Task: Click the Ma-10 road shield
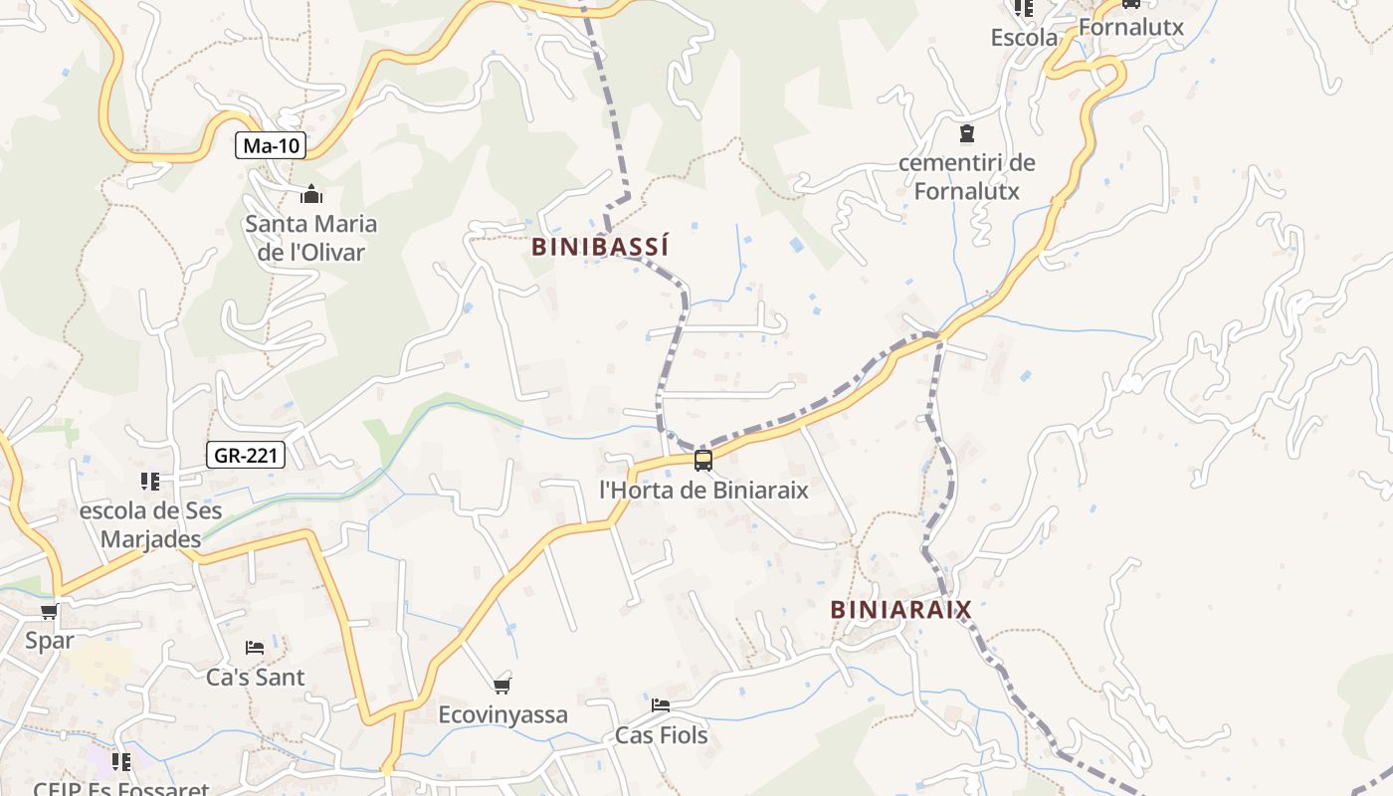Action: (272, 146)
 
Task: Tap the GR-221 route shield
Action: (247, 456)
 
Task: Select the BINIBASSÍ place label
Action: (600, 247)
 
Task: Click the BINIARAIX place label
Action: (900, 609)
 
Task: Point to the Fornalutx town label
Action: (1131, 27)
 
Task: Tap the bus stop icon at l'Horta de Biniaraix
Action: (703, 460)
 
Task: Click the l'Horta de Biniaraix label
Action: (703, 490)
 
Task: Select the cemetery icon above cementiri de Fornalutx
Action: (966, 133)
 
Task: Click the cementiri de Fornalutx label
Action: (966, 176)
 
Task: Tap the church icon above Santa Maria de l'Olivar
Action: (311, 194)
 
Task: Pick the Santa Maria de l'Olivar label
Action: (311, 238)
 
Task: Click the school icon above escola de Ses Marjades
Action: (150, 482)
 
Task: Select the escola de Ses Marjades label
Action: (150, 525)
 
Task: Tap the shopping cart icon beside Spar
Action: (49, 611)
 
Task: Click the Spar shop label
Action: (50, 640)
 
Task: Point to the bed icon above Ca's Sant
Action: (255, 648)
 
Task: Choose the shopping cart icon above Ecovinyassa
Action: (502, 686)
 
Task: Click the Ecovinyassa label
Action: (502, 714)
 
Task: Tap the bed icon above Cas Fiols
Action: (661, 705)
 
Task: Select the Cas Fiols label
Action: (661, 735)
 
